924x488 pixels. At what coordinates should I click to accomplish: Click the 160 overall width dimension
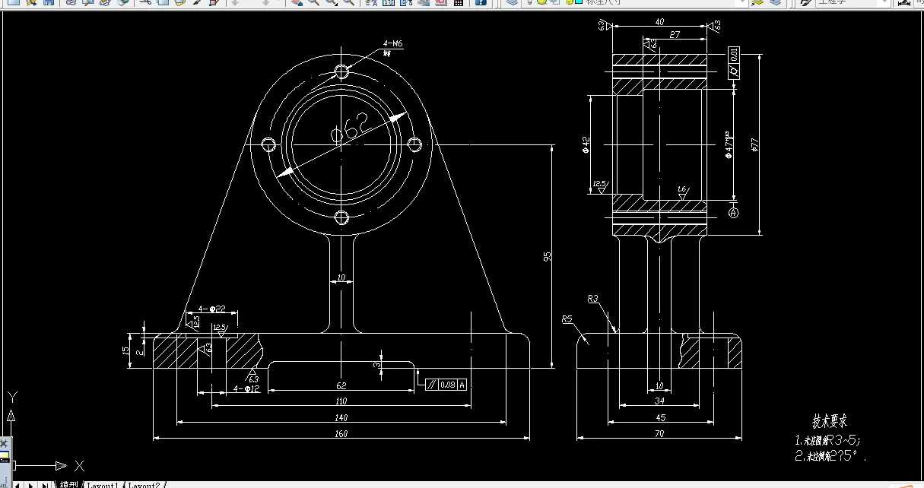coord(341,433)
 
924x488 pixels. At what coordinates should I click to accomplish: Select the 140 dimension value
coord(341,417)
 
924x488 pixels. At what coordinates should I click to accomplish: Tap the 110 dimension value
coord(341,401)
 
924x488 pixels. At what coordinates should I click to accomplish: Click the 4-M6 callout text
coord(392,45)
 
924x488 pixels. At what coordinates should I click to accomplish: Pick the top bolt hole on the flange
coord(341,71)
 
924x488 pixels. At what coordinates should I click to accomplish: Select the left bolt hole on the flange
coord(268,144)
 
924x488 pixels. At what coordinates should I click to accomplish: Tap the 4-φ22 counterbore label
coord(212,309)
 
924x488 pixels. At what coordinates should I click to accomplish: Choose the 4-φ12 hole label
coord(246,389)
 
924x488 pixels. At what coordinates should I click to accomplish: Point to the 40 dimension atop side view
coord(659,22)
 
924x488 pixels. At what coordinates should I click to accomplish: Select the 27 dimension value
coord(675,35)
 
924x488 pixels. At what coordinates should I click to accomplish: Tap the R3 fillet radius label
coord(593,299)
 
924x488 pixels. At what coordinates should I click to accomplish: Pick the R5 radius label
coord(567,318)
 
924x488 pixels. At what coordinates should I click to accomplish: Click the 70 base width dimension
coord(659,434)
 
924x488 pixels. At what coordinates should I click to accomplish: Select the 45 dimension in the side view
coord(660,417)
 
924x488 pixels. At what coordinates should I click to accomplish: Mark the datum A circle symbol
coord(734,213)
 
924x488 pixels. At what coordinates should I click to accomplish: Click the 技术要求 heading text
coord(830,421)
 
